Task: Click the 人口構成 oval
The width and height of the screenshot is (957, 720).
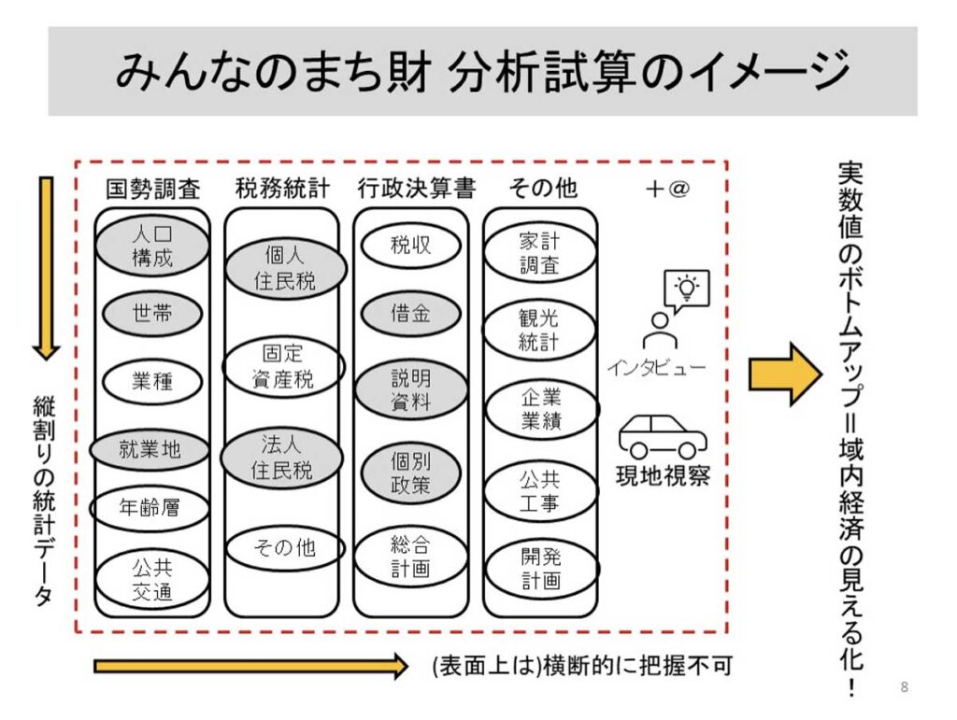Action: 151,246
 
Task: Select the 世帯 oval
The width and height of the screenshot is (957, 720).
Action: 151,314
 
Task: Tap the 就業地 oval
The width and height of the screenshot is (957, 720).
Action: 150,450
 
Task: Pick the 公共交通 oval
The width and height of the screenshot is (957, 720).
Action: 152,578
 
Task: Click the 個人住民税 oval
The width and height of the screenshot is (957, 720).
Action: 285,268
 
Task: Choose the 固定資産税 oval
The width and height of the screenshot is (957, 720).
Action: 285,366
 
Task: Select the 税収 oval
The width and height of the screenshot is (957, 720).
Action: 410,246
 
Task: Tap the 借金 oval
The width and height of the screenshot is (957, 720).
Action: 410,314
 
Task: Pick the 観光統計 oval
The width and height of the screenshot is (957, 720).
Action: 538,329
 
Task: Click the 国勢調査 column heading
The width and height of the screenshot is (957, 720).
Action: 152,190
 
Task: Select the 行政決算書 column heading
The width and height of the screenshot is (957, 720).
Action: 417,190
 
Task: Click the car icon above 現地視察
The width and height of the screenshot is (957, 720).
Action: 663,436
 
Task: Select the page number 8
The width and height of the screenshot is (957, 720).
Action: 904,687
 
